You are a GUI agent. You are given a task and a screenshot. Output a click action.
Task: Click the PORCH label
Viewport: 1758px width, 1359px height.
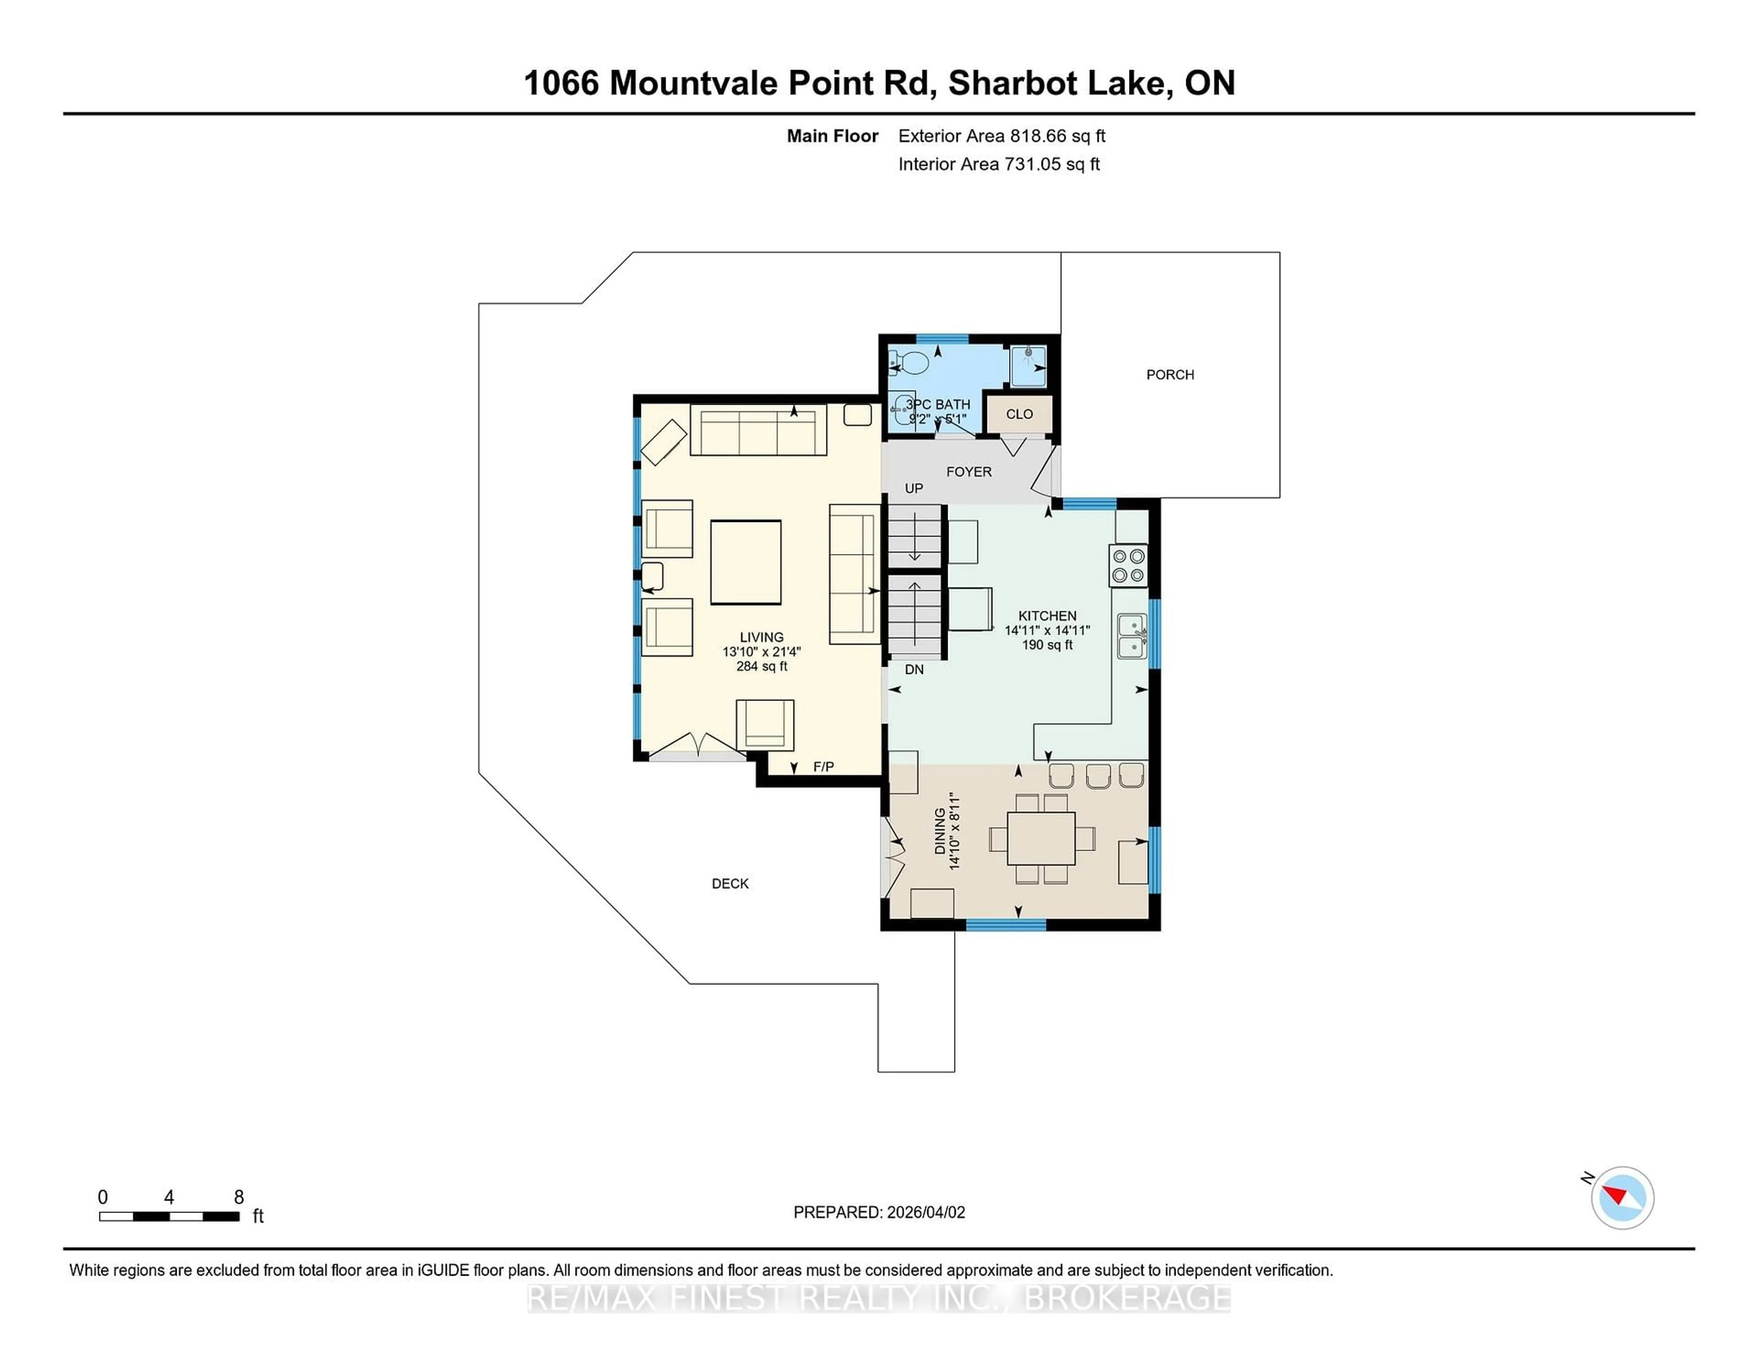(x=1170, y=375)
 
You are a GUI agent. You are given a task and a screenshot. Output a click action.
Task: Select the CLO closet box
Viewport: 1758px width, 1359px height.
(x=1019, y=414)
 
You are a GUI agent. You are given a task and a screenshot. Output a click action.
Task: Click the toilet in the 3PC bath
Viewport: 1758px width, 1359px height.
(x=910, y=363)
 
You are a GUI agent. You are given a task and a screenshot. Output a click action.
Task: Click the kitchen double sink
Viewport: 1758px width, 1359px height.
(x=1132, y=636)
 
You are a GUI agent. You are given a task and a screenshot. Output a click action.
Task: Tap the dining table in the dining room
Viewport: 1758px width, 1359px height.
(x=1041, y=838)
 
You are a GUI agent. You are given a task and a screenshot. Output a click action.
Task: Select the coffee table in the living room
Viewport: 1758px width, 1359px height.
(x=745, y=562)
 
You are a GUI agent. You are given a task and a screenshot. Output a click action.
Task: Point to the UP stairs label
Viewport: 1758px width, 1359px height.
(x=914, y=489)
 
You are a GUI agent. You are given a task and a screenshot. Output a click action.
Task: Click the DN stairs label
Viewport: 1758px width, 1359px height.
(x=914, y=669)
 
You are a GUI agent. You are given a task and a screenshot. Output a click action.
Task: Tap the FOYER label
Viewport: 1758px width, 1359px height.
(x=968, y=472)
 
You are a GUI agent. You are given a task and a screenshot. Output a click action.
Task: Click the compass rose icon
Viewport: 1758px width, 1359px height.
(x=1622, y=1197)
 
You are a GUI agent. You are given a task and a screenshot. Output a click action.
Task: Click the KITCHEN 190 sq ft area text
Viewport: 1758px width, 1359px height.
(x=1047, y=645)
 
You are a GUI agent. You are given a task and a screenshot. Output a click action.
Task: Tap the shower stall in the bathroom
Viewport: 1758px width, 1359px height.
(x=1028, y=366)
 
